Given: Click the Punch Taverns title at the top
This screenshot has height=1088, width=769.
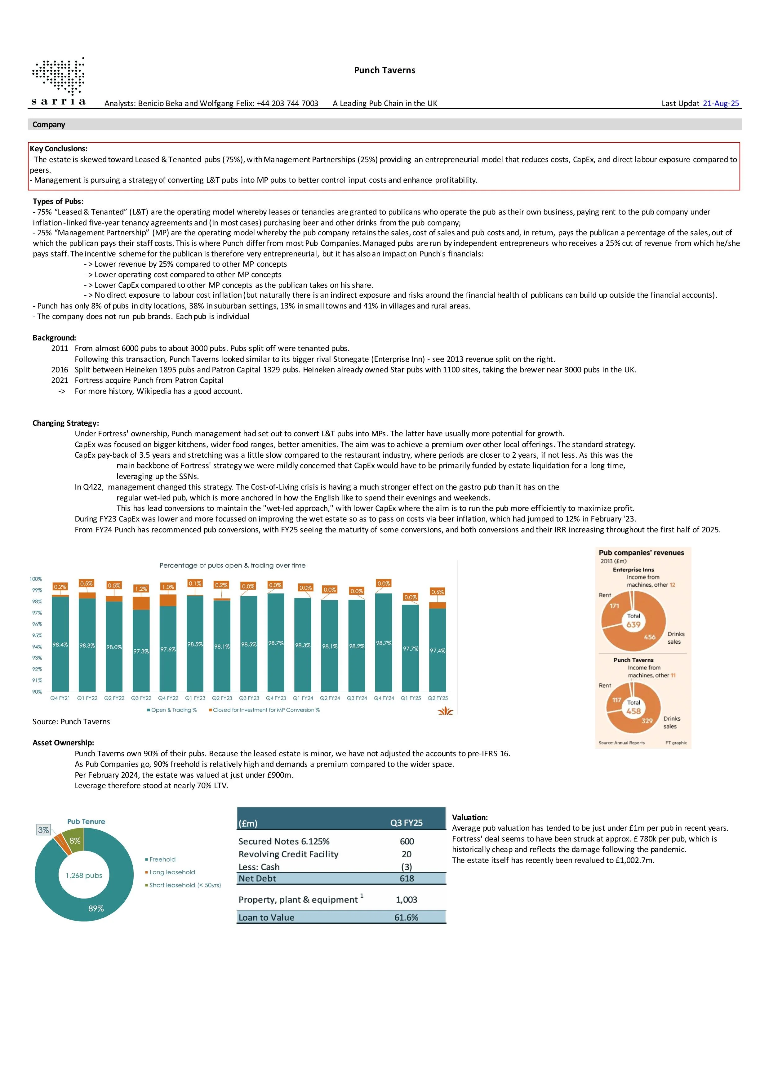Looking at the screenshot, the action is pyautogui.click(x=384, y=70).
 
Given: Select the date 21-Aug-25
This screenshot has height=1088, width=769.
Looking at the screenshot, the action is pyautogui.click(x=721, y=103).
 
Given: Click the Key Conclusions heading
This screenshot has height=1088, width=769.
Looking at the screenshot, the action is pyautogui.click(x=59, y=149).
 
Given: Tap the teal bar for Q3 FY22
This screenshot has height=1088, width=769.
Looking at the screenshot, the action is pyautogui.click(x=141, y=650).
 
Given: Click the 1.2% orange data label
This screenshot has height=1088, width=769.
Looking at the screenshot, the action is pyautogui.click(x=141, y=588).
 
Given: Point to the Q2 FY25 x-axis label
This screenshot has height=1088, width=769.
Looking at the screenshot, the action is pyautogui.click(x=438, y=698).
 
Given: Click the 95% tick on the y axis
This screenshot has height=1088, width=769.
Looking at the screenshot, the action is pyautogui.click(x=37, y=635).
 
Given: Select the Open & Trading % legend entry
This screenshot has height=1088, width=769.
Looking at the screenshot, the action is pyautogui.click(x=171, y=710).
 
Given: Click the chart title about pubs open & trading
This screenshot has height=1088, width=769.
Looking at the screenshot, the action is pyautogui.click(x=232, y=565).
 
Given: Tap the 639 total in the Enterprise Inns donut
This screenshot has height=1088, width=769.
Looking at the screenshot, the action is pyautogui.click(x=633, y=624).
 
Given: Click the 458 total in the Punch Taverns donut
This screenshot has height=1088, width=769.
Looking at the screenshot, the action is pyautogui.click(x=633, y=711).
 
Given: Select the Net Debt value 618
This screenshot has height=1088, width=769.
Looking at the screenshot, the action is pyautogui.click(x=407, y=878).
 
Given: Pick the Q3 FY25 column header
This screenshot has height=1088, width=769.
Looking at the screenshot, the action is pyautogui.click(x=406, y=823).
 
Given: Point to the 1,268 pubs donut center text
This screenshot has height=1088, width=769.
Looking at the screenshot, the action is pyautogui.click(x=84, y=875).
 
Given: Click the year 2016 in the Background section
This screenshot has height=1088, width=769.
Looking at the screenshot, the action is pyautogui.click(x=60, y=370).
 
